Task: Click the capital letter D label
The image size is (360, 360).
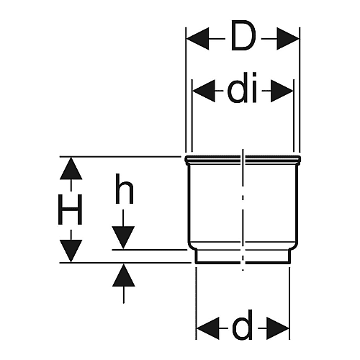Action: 243,36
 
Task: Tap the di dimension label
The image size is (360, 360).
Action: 243,88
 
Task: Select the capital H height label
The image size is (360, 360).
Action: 71,210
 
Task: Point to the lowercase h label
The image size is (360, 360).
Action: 124,189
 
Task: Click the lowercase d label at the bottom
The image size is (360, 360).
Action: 243,325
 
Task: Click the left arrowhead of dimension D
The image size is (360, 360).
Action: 198,39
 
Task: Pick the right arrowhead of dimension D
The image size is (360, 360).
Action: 288,39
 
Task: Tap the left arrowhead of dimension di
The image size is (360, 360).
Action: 204,91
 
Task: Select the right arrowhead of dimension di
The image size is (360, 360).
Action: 282,91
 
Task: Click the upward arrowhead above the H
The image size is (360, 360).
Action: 71,168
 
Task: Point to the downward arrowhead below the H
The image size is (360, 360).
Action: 71,251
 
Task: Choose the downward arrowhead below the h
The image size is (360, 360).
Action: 123,238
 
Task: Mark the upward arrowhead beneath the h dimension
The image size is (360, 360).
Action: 124,275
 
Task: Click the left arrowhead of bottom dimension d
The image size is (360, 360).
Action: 208,328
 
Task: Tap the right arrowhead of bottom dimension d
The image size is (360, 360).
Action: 278,328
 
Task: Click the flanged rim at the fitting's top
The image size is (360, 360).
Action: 243,160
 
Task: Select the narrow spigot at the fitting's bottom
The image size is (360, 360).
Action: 243,257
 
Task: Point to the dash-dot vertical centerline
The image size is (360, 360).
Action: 243,210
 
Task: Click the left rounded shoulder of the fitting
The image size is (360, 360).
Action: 192,246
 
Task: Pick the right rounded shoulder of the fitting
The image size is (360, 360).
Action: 294,246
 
